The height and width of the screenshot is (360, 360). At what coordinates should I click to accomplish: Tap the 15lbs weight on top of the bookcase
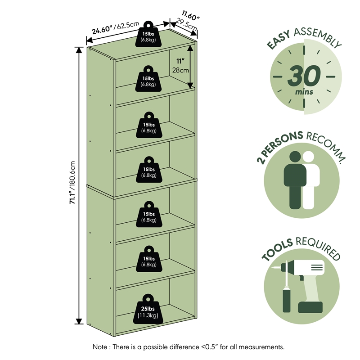(x=148, y=34)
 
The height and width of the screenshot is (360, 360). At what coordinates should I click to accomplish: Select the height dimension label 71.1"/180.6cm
(x=72, y=183)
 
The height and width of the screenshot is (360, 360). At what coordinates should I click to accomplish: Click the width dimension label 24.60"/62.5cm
(x=116, y=27)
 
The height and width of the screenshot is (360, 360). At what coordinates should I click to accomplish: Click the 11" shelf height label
(x=180, y=61)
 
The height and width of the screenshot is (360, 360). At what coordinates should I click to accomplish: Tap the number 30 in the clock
(x=304, y=75)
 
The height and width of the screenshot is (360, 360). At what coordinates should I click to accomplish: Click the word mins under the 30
(x=304, y=92)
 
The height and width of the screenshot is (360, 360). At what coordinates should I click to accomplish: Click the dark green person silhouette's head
(x=295, y=157)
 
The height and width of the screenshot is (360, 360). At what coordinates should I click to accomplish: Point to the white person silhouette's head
(x=308, y=157)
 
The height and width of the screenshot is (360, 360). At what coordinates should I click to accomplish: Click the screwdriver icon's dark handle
(x=287, y=301)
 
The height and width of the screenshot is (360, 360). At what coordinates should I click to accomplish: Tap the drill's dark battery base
(x=310, y=307)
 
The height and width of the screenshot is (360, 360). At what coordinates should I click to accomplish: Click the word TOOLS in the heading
(x=277, y=250)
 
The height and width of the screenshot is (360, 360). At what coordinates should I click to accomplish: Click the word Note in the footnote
(x=100, y=346)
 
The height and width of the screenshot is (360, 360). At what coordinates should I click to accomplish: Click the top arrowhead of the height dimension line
(x=79, y=50)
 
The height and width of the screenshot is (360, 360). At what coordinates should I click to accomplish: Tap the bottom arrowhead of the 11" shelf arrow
(x=190, y=85)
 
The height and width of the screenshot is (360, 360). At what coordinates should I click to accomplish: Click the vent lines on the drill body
(x=317, y=267)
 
